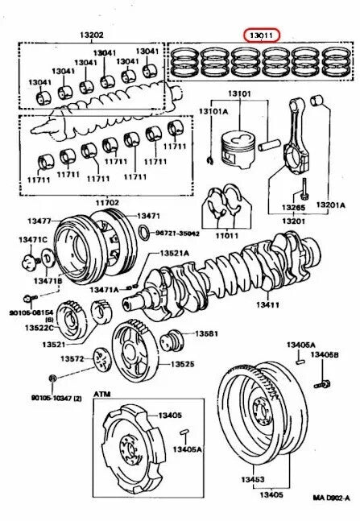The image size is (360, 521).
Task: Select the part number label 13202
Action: [90, 35]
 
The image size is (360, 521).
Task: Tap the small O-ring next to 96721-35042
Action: [143, 234]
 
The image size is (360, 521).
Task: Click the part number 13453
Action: [245, 478]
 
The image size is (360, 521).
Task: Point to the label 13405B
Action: [325, 354]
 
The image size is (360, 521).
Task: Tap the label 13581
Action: [207, 333]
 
